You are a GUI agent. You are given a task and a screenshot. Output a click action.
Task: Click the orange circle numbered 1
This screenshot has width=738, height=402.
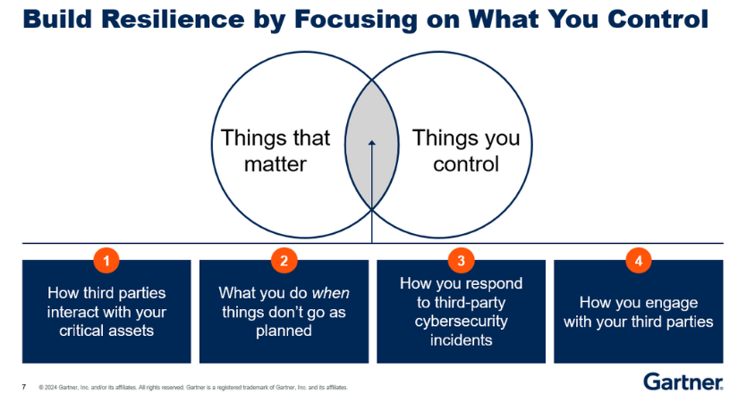point(106,260)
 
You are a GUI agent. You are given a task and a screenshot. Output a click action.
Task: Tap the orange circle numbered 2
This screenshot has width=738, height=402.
point(284,260)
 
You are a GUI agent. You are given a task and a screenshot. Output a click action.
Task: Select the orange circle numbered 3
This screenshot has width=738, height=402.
point(462,260)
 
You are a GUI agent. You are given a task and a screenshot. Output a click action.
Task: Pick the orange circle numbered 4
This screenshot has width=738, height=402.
point(639,260)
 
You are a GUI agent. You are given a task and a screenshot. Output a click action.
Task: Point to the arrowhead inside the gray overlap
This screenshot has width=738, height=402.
point(372,142)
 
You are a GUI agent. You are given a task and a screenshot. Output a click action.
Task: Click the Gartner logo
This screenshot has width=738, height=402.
point(683,381)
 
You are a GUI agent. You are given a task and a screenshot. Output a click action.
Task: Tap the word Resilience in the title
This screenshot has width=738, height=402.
point(173,20)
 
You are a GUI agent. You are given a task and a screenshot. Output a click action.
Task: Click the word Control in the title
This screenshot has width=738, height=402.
point(658,20)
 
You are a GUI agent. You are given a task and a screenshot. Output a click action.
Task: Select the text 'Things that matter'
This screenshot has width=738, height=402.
point(276,151)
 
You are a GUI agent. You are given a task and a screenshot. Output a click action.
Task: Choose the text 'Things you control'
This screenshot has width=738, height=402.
point(466,151)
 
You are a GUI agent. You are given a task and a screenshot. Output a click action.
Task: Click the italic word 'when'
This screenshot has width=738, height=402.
point(331,293)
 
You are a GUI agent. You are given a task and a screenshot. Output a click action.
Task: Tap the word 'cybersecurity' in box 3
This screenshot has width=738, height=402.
point(462,322)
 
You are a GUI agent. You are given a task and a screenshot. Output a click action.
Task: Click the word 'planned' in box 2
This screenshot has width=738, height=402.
point(284,331)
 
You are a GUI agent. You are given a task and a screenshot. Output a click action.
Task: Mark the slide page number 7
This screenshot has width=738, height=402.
point(24,387)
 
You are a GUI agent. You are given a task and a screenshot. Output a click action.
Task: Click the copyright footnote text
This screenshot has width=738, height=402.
point(193,388)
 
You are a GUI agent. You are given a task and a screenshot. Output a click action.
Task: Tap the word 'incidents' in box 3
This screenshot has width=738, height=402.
point(462,340)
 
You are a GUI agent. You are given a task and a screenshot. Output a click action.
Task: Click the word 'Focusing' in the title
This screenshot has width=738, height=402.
point(356,21)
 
